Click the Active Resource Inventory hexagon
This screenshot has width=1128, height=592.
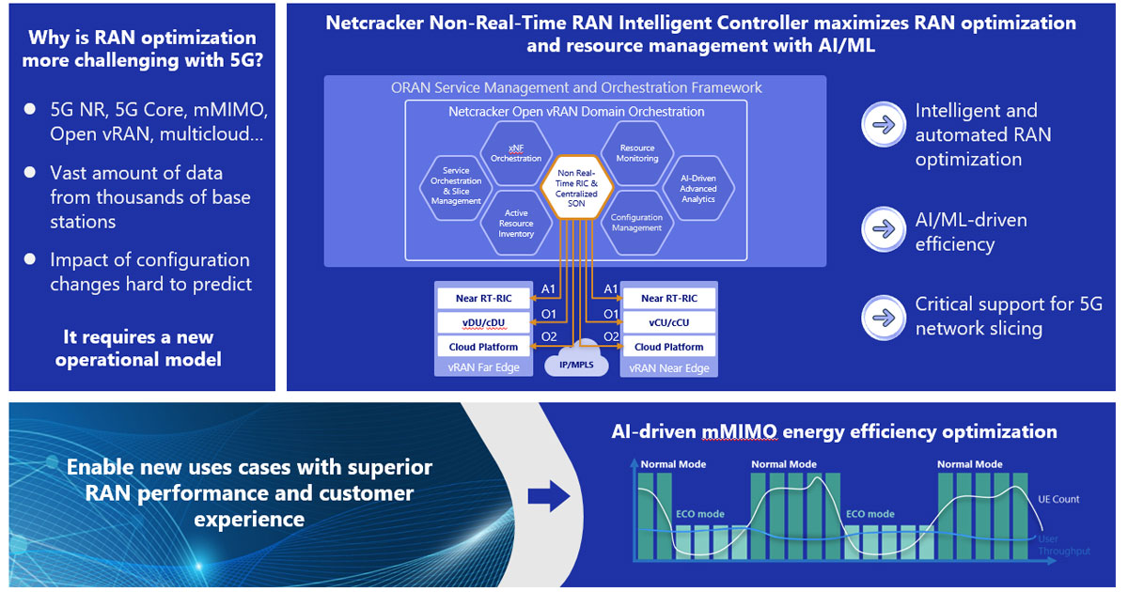point(515,223)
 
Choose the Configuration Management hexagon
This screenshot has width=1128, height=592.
point(636,223)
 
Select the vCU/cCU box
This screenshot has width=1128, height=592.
point(668,322)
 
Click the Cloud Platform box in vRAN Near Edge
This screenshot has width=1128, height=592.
point(668,347)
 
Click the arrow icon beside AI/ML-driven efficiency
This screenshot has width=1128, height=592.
point(884,230)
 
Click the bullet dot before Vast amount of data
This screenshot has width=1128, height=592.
point(30,174)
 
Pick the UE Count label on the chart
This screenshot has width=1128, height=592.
point(1058,499)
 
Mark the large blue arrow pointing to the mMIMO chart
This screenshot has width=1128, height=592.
point(548,498)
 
